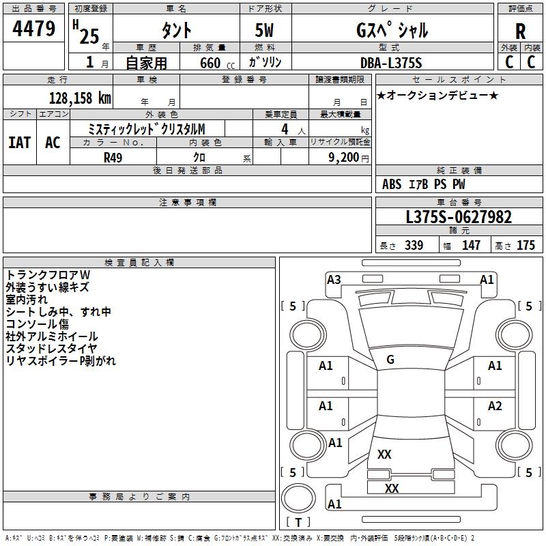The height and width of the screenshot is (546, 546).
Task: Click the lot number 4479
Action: click(34, 29)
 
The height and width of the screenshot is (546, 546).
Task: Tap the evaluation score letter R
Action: click(520, 32)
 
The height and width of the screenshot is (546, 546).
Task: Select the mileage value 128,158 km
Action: click(80, 98)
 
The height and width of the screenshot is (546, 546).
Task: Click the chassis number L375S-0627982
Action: click(458, 217)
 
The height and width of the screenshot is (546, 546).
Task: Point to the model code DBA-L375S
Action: click(391, 63)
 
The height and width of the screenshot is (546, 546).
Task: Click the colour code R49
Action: click(113, 158)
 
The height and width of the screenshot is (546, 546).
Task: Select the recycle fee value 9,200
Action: click(339, 158)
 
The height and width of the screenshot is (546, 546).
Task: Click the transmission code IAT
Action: click(19, 142)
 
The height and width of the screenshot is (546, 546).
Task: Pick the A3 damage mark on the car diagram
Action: click(334, 279)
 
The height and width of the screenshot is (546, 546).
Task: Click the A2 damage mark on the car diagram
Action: click(495, 406)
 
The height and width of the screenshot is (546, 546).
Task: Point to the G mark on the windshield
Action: click(390, 360)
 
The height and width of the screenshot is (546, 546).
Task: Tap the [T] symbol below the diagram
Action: click(298, 522)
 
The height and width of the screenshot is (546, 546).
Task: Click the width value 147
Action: click(471, 246)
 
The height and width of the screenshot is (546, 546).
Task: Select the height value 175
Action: click(526, 246)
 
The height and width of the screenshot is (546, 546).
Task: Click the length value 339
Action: click(413, 246)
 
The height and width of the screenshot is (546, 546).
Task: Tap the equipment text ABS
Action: click(392, 184)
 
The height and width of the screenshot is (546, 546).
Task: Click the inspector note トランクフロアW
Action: click(48, 274)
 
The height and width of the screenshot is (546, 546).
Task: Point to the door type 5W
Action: click(265, 31)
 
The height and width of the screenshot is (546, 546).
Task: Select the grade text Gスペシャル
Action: click(392, 31)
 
